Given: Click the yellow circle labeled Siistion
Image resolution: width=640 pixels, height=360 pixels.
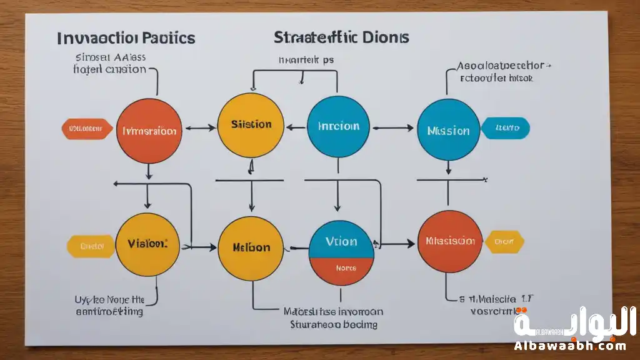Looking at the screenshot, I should (250, 125).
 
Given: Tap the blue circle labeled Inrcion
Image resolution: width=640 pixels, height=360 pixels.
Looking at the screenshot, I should (339, 126).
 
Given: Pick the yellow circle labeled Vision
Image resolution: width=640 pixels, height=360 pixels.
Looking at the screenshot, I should (149, 244).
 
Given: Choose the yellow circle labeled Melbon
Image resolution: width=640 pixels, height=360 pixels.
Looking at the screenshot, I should (250, 247).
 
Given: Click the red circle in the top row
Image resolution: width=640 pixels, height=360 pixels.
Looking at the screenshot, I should (149, 130).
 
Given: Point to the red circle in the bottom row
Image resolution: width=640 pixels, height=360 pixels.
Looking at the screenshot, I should (448, 242).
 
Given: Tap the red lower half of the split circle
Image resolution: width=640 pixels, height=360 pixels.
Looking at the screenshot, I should (341, 270).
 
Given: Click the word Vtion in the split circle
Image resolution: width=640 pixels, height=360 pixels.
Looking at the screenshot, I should (341, 241).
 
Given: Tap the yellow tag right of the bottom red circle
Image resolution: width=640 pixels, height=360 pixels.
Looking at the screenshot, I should (504, 241).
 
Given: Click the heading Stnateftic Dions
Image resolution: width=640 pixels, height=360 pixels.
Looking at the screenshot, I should (341, 37).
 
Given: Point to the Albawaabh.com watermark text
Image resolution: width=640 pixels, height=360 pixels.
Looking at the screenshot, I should (570, 346).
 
